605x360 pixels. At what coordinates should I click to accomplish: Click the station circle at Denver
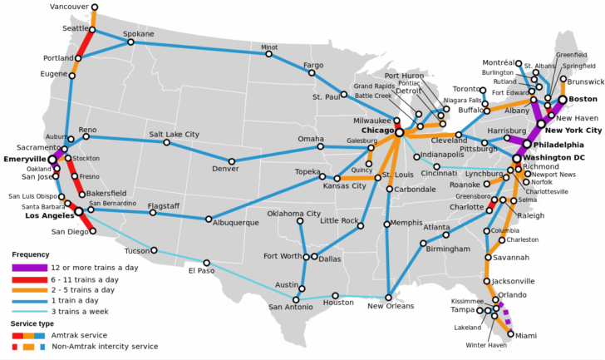(x=232, y=161)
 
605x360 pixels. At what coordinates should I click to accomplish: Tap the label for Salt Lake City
(x=175, y=134)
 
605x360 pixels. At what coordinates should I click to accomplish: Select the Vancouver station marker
(x=94, y=7)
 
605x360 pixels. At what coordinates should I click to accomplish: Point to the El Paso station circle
(x=207, y=264)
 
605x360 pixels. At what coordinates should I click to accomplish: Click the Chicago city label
(x=377, y=131)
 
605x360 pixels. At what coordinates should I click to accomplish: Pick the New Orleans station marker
(x=389, y=296)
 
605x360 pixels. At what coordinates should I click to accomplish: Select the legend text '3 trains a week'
(x=81, y=311)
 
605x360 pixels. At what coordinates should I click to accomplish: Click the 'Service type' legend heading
(x=32, y=323)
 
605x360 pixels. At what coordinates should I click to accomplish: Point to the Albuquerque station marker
(x=209, y=219)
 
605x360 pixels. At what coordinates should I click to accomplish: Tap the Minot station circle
(x=269, y=55)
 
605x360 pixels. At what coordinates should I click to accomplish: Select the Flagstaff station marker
(x=153, y=213)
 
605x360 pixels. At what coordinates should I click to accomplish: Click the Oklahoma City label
(x=293, y=214)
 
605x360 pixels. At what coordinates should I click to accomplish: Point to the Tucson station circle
(x=154, y=249)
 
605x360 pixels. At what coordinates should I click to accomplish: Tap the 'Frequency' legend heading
(x=30, y=254)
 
